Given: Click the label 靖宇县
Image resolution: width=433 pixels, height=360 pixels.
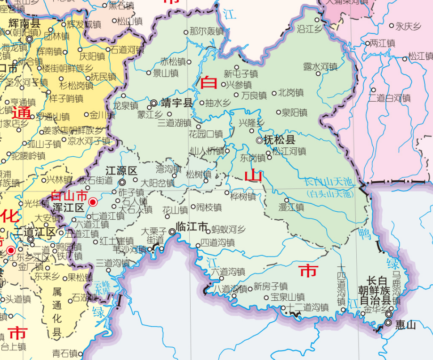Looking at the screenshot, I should (x=177, y=103).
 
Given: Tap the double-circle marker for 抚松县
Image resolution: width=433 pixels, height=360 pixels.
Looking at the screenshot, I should (x=259, y=140).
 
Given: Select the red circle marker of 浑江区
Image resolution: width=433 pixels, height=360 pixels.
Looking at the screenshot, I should (x=93, y=202).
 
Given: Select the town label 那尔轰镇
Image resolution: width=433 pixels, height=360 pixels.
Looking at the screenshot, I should (x=207, y=32).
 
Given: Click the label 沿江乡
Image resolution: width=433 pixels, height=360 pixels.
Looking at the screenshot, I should (x=310, y=29).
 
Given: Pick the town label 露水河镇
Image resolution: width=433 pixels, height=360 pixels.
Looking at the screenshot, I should (x=321, y=66).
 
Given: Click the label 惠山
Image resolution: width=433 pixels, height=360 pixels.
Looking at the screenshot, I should (x=406, y=324).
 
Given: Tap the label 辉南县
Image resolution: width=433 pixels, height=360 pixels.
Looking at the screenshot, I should (x=24, y=24).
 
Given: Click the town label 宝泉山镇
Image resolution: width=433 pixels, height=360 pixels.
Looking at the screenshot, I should (x=288, y=297).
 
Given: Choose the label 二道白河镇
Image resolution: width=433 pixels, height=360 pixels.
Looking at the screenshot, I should (x=390, y=98).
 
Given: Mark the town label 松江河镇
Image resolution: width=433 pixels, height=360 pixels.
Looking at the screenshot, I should (x=289, y=152).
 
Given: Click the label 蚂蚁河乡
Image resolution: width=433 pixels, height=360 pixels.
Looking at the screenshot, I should (x=228, y=230).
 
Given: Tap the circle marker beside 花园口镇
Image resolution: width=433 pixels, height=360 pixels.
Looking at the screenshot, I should (x=198, y=127).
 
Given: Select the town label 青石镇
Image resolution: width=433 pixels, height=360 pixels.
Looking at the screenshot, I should (x=65, y=353).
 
